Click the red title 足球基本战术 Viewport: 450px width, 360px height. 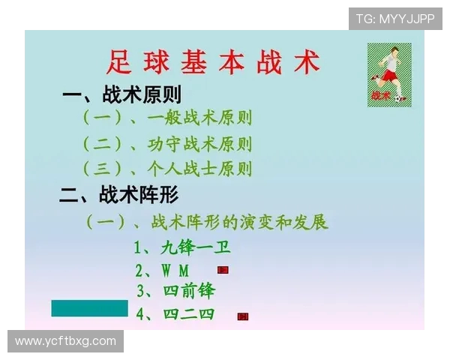pyautogui.click(x=214, y=62)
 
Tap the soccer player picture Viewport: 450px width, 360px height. pyautogui.click(x=389, y=73)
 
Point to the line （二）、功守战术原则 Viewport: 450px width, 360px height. pyautogui.click(x=166, y=143)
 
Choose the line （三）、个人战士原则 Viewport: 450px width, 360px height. pyautogui.click(x=166, y=168)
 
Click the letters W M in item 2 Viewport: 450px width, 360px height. pyautogui.click(x=175, y=270)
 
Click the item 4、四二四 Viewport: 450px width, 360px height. pyautogui.click(x=175, y=313)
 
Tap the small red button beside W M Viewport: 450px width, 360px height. pyautogui.click(x=223, y=269)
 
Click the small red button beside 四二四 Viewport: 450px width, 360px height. pyautogui.click(x=242, y=316)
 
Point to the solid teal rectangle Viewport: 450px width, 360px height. pyautogui.click(x=90, y=308)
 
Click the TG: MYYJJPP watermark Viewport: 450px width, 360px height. pyautogui.click(x=395, y=19)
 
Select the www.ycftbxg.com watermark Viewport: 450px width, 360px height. pyautogui.click(x=66, y=341)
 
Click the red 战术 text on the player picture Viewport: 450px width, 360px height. pyautogui.click(x=380, y=96)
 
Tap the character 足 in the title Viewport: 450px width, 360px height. pyautogui.click(x=118, y=62)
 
